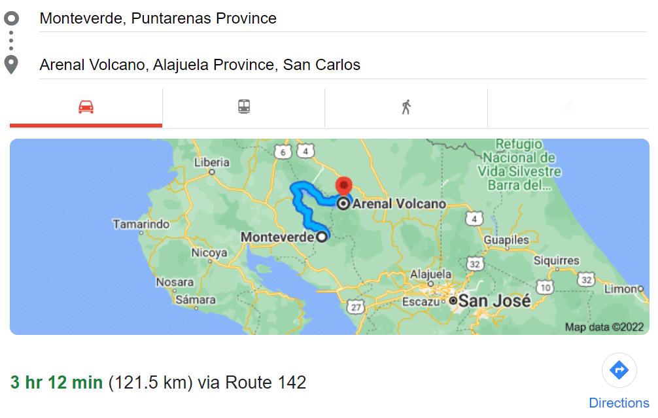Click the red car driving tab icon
point(86,107)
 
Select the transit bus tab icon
point(244,107)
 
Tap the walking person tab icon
point(406,107)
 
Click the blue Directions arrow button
point(619,371)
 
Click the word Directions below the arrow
point(619,403)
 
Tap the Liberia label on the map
point(213,162)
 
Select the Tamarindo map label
point(141,224)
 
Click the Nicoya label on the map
point(209,253)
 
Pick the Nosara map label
point(175,283)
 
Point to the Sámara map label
point(196,300)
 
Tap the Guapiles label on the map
point(506,240)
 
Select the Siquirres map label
point(556,260)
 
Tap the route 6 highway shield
point(283,152)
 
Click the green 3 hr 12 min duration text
point(57,383)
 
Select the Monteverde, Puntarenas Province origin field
point(158,18)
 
